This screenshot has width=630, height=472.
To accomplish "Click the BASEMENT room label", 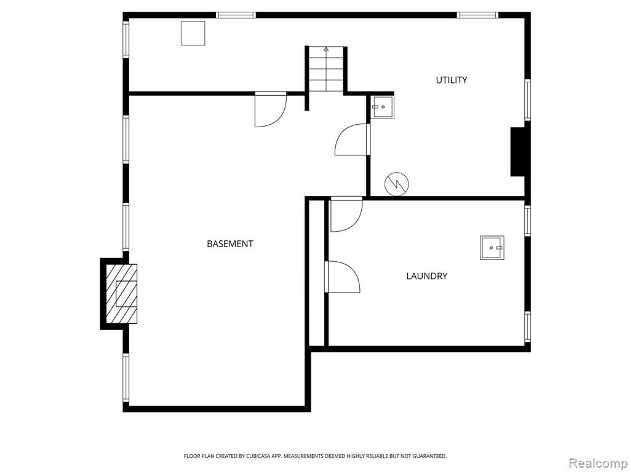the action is [230, 243].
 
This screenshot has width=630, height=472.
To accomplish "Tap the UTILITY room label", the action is [452, 80].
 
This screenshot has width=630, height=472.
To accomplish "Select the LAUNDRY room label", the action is [427, 276].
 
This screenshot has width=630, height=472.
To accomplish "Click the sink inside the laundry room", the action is [492, 248].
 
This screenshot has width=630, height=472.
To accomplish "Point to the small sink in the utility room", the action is [381, 107].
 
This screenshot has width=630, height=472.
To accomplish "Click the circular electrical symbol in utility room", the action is [397, 184].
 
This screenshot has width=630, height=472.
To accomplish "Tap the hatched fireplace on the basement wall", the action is [121, 293].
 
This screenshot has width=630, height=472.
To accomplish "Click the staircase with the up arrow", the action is [326, 69].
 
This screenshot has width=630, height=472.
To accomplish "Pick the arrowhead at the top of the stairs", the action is [326, 49].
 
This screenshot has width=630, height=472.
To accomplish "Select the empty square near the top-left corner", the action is [193, 33].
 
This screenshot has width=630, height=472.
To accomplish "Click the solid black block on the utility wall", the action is [518, 152].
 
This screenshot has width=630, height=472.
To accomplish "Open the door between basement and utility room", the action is [352, 140].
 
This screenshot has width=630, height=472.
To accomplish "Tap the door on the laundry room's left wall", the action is [342, 277].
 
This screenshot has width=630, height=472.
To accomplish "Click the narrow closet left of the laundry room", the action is [316, 272].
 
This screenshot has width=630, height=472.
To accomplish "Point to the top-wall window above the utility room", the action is [477, 15].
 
